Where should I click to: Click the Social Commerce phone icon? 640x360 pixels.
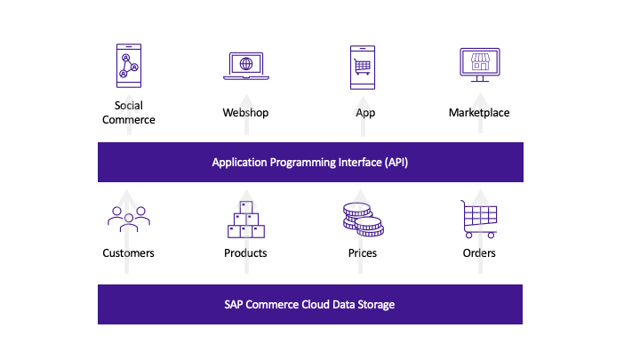[129, 66]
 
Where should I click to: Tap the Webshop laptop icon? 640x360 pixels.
[246, 66]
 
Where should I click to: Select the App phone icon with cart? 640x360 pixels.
[363, 68]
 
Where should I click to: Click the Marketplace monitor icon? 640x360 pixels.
[480, 65]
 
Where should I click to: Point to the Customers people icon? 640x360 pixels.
[129, 220]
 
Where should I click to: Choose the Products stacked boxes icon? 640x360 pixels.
[246, 220]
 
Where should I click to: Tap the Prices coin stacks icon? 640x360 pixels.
[364, 220]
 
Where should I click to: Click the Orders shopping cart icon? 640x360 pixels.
[479, 220]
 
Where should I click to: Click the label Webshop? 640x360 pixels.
[245, 113]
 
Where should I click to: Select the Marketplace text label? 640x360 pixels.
[479, 113]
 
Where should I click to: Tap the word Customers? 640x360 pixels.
[128, 253]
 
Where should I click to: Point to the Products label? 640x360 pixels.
[245, 253]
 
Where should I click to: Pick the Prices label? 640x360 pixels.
[363, 253]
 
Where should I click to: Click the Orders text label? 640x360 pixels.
[479, 253]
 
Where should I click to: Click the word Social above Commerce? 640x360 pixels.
[129, 105]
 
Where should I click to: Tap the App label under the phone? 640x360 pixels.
[365, 113]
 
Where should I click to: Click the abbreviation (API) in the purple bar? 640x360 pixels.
[396, 163]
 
